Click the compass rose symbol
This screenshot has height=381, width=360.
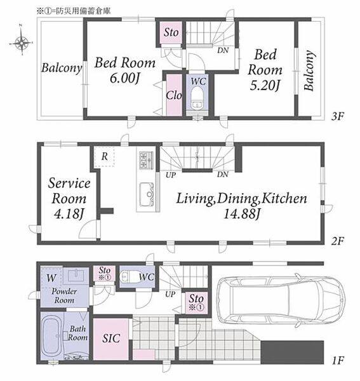click(22, 42)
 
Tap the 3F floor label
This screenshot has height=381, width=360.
click(338, 117)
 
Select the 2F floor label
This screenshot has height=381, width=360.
click(338, 241)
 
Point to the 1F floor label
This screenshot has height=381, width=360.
click(337, 360)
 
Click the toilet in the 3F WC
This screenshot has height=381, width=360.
click(197, 98)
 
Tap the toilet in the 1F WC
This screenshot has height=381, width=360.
click(129, 276)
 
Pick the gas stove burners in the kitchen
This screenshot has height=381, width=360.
click(146, 160)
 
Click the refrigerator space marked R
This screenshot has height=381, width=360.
click(105, 156)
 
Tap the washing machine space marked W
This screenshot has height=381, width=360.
click(51, 277)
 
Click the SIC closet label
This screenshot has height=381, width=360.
click(111, 338)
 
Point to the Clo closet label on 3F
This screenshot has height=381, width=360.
click(174, 95)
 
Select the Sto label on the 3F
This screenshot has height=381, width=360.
click(171, 32)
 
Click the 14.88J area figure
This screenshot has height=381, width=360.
click(242, 214)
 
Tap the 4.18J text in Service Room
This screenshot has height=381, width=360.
click(69, 214)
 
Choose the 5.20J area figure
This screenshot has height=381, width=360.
click(265, 85)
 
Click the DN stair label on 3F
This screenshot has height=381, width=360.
click(223, 51)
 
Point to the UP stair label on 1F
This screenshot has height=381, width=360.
click(170, 295)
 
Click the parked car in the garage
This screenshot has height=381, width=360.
click(281, 300)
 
